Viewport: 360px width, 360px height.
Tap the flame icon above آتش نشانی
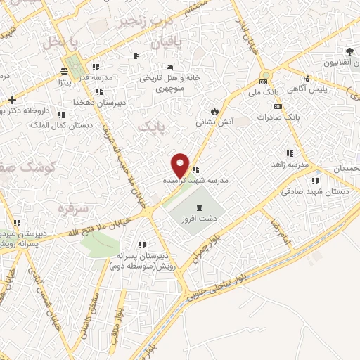tap(214, 111)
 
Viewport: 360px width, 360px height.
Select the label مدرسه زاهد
tap(291, 164)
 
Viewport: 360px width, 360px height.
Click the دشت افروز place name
tap(200, 219)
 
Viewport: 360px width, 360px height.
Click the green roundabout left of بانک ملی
tap(265, 77)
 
